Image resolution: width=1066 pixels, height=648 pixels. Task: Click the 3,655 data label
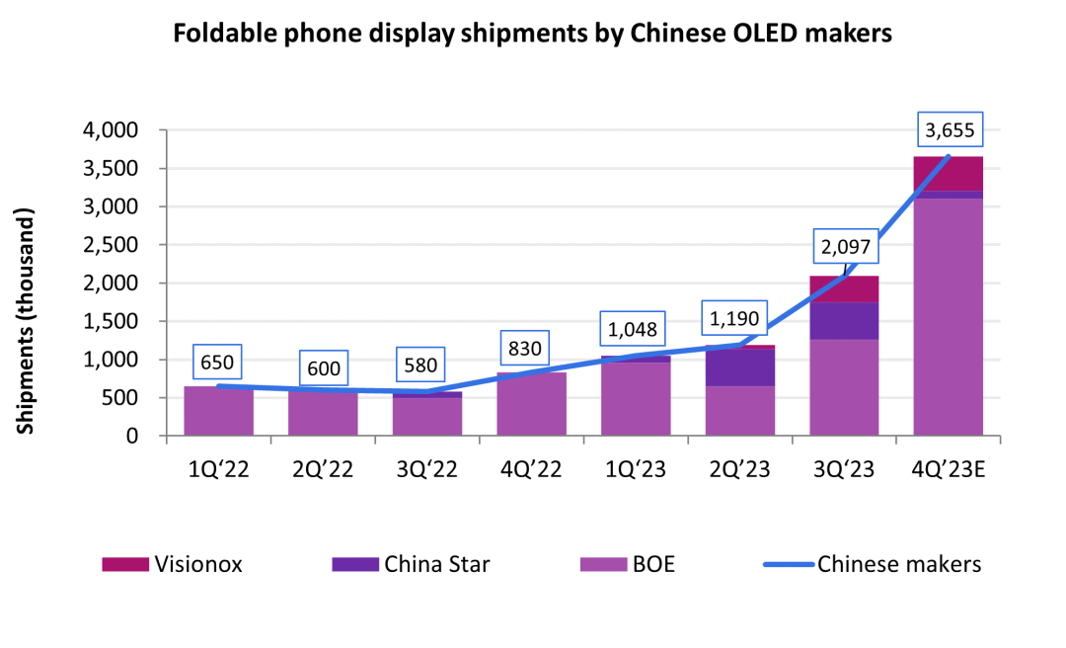[x=948, y=129]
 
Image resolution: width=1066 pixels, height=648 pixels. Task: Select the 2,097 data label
[x=844, y=246]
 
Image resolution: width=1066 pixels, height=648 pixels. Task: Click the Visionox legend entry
[x=172, y=564]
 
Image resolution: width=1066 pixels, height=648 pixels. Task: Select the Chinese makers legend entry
[x=873, y=564]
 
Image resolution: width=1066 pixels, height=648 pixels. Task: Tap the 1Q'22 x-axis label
[x=218, y=469]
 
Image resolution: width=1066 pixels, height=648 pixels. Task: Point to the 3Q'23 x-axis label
[x=844, y=469]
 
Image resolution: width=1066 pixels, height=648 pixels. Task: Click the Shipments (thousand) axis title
[x=27, y=321]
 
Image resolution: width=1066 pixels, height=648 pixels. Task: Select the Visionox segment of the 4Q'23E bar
[x=948, y=174]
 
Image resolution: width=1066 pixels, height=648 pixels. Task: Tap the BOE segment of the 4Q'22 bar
[x=531, y=404]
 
